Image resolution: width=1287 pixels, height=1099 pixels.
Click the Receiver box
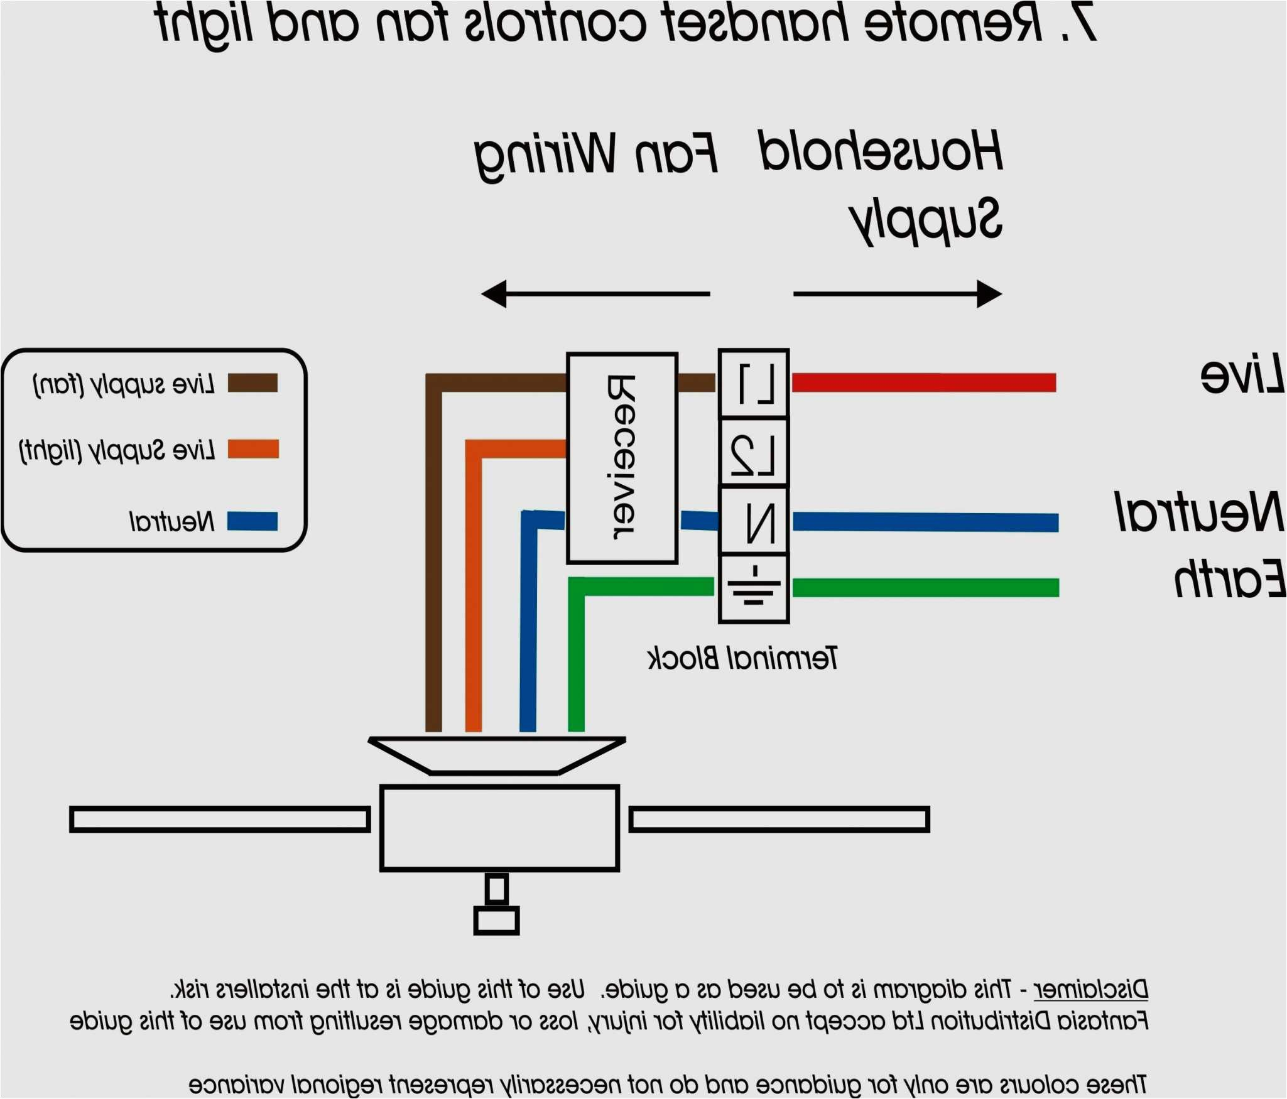[622, 458]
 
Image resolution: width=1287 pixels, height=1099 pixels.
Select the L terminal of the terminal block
[754, 383]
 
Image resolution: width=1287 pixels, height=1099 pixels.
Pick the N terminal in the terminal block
[754, 521]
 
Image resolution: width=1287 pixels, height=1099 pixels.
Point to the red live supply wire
[923, 382]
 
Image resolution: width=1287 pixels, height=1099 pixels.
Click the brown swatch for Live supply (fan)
[253, 383]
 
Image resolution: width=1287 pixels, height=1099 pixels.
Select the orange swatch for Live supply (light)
[253, 449]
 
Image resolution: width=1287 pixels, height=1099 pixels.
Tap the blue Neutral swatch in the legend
[253, 521]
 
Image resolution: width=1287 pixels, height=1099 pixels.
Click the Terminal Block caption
[742, 658]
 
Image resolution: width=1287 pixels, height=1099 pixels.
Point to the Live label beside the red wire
[1242, 375]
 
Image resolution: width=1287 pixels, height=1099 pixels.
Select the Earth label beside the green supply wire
[1230, 578]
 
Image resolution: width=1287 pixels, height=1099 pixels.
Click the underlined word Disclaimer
[1091, 990]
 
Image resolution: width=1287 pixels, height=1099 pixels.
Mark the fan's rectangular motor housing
[499, 828]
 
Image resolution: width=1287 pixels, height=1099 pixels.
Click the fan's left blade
[220, 820]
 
